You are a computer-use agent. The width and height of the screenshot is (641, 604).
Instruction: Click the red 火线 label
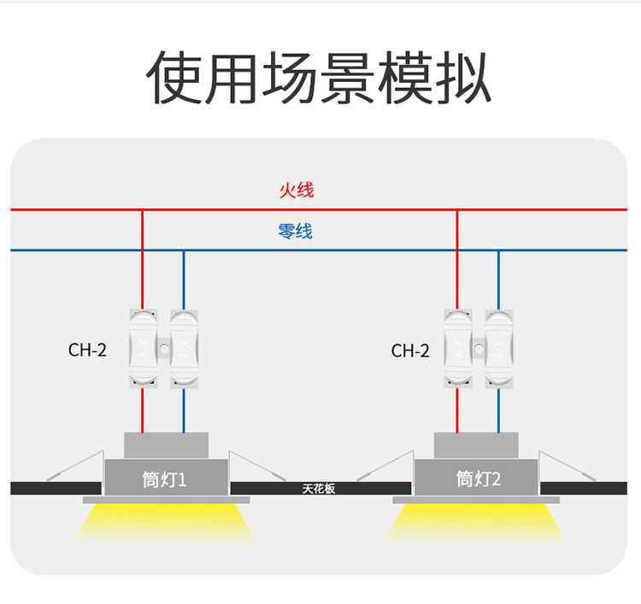point(297,190)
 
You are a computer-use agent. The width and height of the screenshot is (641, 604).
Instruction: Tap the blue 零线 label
point(296,231)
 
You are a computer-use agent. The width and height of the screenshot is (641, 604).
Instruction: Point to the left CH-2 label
point(87,349)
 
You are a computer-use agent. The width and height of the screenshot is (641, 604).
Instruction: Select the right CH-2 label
point(410,350)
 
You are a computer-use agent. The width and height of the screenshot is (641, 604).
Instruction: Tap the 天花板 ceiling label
point(319,490)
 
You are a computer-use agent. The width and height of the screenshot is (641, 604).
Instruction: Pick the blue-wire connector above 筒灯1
point(184,349)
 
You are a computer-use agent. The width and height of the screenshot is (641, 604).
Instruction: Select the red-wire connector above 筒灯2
point(457,349)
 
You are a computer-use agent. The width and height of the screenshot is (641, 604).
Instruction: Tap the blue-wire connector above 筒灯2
point(498,349)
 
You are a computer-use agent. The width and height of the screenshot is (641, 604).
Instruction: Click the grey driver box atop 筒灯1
point(166,445)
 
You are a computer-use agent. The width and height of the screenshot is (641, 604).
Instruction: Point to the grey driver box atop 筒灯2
point(476,445)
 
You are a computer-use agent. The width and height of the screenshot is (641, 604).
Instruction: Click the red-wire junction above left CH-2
point(142,209)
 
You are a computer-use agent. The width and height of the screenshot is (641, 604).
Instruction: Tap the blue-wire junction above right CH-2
point(498,250)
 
